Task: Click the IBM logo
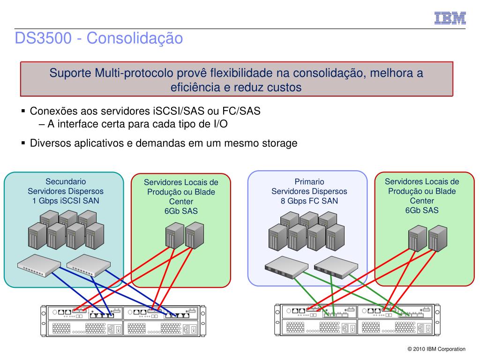coord(450,18)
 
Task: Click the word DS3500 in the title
coord(43,38)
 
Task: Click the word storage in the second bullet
coord(280,143)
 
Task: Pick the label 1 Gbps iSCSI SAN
coord(66,201)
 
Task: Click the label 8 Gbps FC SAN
coord(309,201)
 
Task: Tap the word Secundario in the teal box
coord(66,181)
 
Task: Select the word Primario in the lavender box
coord(309,181)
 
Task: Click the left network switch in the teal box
coord(39,265)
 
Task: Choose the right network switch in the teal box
coord(89,265)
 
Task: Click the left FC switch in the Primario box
coord(286,267)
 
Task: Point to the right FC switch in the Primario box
coord(336,267)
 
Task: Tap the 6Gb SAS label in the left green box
coord(181,211)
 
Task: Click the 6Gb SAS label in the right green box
coord(422,210)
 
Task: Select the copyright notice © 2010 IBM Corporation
coord(436,349)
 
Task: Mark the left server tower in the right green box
coord(418,239)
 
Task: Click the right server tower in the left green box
coord(195,235)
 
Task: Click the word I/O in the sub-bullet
coord(220,124)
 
